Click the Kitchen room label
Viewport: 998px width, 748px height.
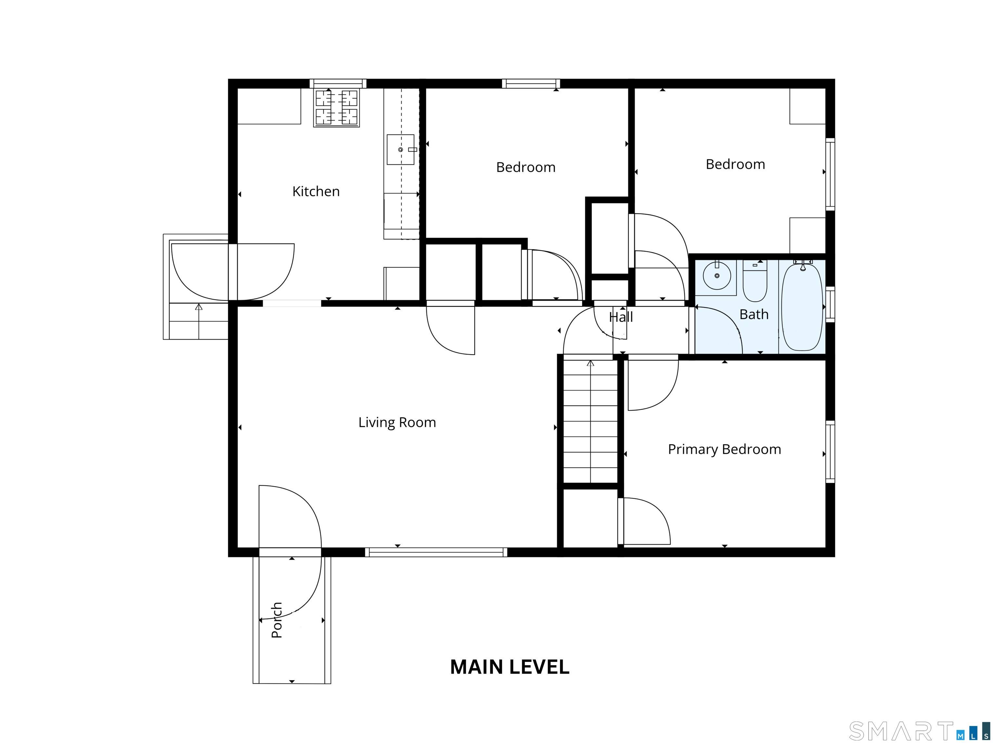[x=316, y=191]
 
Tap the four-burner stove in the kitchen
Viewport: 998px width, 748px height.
[x=337, y=108]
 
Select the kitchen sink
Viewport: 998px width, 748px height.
[x=401, y=149]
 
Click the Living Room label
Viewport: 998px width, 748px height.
[x=397, y=422]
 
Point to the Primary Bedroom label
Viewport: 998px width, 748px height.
[x=724, y=450]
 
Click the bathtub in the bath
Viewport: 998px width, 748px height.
[x=802, y=307]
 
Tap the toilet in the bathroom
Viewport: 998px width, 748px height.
[x=755, y=280]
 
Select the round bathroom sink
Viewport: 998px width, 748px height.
[x=717, y=276]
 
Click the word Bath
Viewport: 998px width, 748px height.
[x=754, y=314]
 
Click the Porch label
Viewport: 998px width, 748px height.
[x=276, y=620]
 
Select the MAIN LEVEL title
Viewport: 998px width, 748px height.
[x=510, y=667]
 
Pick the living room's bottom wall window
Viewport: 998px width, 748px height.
[x=436, y=552]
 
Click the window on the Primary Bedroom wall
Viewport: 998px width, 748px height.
[x=830, y=452]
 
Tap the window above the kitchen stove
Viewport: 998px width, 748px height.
[x=338, y=83]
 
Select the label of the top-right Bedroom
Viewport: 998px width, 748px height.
[x=736, y=164]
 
